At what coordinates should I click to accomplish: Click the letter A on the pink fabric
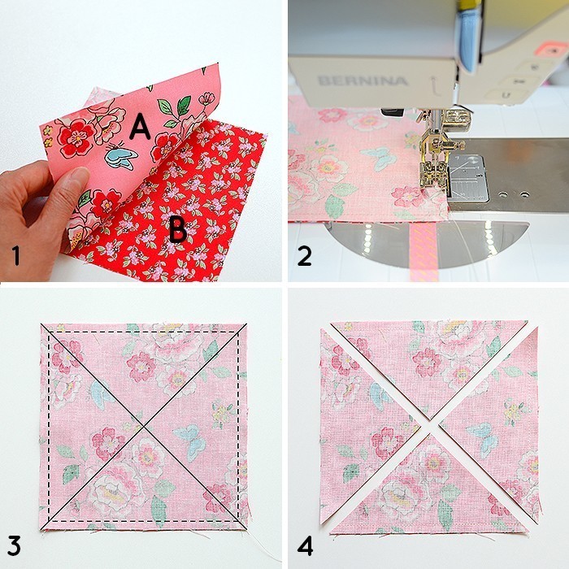click(x=140, y=126)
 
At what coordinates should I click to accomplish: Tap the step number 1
click(x=16, y=256)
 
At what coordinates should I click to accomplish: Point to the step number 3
click(x=16, y=544)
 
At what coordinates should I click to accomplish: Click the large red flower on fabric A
click(x=79, y=137)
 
